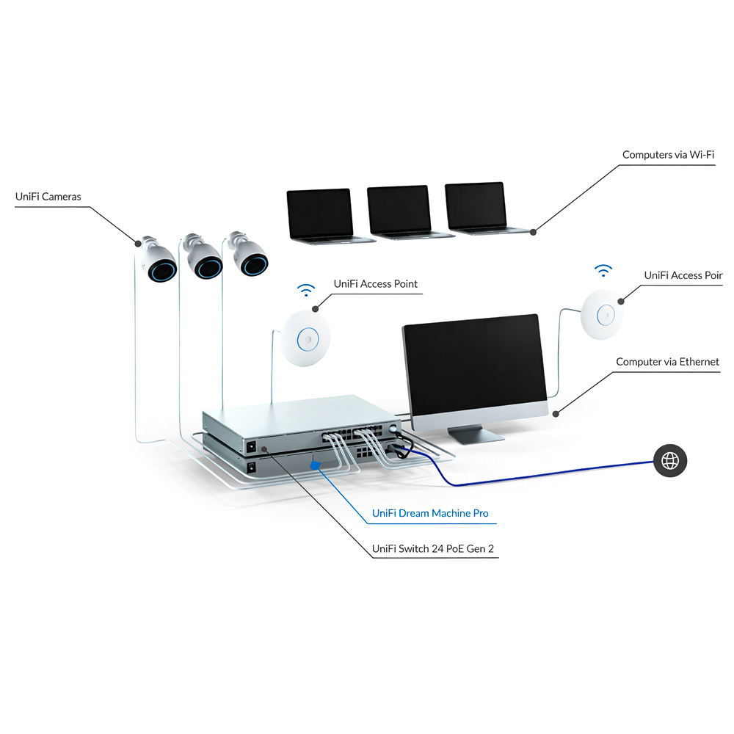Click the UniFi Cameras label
(48, 197)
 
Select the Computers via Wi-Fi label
(668, 155)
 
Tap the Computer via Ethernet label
(666, 362)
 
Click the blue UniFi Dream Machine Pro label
(429, 513)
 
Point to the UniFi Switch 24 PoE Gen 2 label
(435, 548)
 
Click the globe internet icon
(670, 461)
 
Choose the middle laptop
(399, 211)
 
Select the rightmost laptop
(476, 208)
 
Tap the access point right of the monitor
(606, 315)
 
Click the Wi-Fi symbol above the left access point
(306, 289)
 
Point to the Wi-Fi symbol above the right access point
(603, 271)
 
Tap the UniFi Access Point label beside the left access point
(375, 284)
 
